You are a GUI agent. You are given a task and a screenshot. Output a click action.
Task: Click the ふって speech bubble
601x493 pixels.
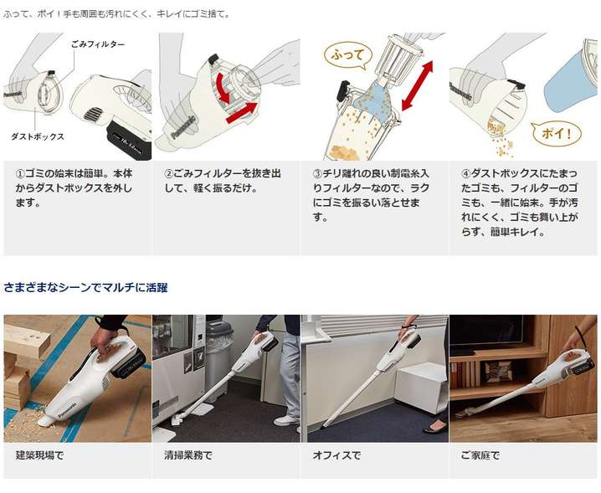pos(347,55)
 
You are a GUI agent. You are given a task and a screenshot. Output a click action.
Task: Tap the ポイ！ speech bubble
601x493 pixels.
pos(556,133)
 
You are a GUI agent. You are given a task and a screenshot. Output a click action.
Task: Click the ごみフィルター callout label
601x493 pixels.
pos(98,44)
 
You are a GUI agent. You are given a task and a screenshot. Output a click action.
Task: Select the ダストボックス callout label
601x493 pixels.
pos(38,136)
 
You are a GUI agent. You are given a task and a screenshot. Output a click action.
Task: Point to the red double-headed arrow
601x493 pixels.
pos(417,85)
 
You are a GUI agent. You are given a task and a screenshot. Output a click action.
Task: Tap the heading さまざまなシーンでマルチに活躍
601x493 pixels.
pos(85,288)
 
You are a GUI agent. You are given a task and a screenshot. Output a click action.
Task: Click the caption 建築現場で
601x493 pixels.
pos(39,455)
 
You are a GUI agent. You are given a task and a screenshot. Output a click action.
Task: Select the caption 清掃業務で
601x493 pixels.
pos(188,455)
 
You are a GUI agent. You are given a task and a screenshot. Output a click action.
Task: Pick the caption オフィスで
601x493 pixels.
pos(337,455)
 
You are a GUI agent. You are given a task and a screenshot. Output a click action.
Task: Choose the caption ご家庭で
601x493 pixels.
pos(480,455)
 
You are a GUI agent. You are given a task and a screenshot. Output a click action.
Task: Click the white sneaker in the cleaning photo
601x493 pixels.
pos(286,420)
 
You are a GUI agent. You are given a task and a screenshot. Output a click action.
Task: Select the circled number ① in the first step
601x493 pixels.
pos(20,173)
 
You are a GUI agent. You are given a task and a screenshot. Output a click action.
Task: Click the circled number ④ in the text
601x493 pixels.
pos(465,173)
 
